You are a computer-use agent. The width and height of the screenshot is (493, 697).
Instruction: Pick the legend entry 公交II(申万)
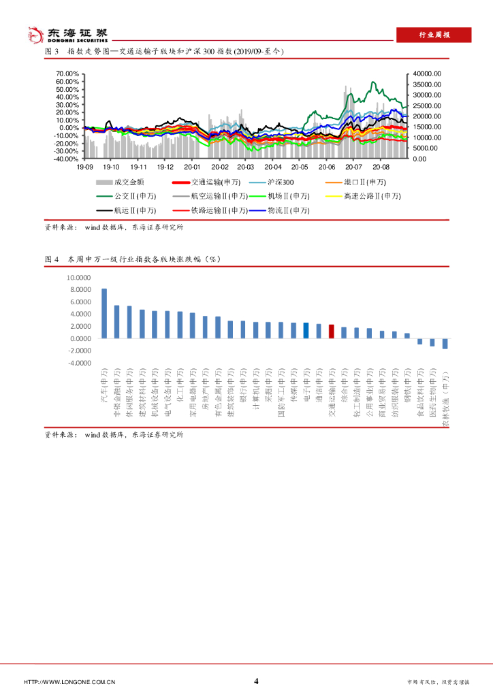(x=133, y=197)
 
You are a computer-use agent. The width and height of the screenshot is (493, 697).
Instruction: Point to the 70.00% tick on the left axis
(x=67, y=74)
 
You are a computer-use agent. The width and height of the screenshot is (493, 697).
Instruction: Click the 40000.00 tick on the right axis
(x=427, y=74)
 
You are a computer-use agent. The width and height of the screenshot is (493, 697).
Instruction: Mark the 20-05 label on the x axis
(x=300, y=167)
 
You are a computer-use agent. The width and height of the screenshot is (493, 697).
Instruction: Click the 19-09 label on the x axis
(x=84, y=167)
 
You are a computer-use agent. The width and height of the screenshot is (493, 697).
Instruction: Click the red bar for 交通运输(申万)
(x=331, y=331)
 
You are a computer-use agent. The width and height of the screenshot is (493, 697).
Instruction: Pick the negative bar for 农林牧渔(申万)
(x=445, y=344)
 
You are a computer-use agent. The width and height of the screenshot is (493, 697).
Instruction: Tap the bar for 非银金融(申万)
(x=116, y=321)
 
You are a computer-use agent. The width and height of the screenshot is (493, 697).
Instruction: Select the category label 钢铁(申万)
(x=407, y=391)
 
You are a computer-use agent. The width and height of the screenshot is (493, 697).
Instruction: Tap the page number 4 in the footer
(x=256, y=681)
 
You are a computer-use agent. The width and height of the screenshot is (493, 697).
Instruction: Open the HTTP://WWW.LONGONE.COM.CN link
(x=69, y=682)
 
